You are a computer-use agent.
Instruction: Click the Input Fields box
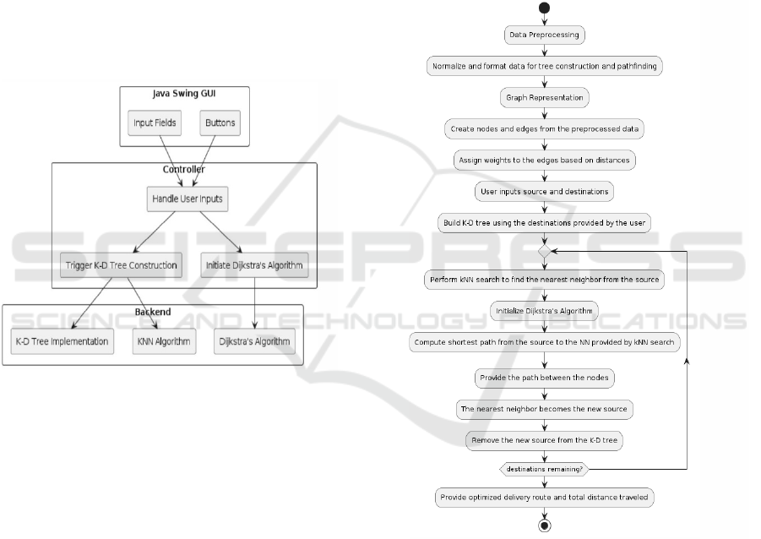pos(155,123)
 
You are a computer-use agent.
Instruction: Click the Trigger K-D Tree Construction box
pos(121,265)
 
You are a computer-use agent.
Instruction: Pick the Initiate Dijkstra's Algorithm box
pos(254,265)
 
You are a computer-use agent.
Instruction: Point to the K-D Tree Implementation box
pos(62,342)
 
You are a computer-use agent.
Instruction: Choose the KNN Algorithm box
pos(164,342)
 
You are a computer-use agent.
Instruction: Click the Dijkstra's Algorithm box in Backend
pos(254,342)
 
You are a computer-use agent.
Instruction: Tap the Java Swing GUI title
pos(185,91)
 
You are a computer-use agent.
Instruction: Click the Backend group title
pos(153,312)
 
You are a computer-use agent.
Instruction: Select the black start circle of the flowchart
pos(545,8)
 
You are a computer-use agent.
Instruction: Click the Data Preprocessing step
pos(545,35)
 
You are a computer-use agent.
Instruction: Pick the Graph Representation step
pos(545,97)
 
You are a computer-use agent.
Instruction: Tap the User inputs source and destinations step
pos(545,192)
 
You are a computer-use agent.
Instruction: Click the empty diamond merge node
pos(545,251)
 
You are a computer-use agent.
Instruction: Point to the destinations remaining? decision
pos(545,467)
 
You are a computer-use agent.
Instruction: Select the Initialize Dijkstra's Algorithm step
pos(545,310)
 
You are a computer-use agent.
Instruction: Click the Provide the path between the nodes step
pos(545,377)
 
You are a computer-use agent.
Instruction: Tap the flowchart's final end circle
pos(545,525)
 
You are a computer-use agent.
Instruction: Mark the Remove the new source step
pos(545,439)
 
